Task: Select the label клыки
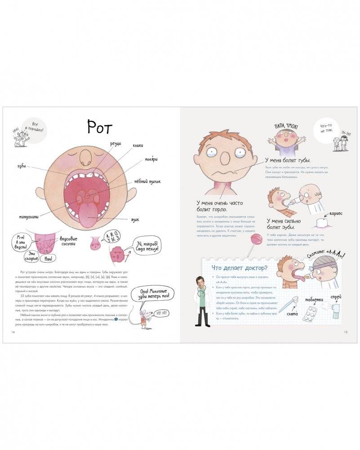click(x=138, y=146)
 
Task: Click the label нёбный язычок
click(x=147, y=182)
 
